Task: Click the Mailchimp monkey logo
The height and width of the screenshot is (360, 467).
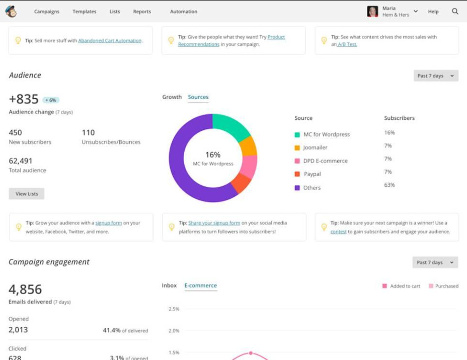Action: (x=11, y=11)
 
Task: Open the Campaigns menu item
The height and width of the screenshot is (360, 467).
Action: (x=46, y=12)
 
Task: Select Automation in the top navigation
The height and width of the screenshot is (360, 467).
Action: (x=184, y=12)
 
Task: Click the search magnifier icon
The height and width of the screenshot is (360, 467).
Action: (x=455, y=11)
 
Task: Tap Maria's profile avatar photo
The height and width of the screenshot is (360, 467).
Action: (x=372, y=12)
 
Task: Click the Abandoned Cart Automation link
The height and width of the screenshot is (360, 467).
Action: (x=110, y=41)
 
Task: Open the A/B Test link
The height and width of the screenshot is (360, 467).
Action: (x=348, y=44)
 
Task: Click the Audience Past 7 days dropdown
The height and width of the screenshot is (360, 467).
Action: (x=435, y=76)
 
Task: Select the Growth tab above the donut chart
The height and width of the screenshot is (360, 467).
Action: (x=172, y=97)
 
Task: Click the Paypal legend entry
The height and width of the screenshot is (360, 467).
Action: (x=312, y=174)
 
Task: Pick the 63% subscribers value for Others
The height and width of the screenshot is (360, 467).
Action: (x=389, y=185)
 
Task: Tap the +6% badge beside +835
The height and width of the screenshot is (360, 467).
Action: (x=51, y=100)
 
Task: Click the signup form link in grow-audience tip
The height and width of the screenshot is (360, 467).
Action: (x=109, y=223)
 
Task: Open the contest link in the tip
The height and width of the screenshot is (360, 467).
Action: (x=338, y=232)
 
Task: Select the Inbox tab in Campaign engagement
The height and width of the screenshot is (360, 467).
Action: (x=169, y=285)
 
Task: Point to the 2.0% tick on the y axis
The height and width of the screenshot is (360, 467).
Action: (x=173, y=331)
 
